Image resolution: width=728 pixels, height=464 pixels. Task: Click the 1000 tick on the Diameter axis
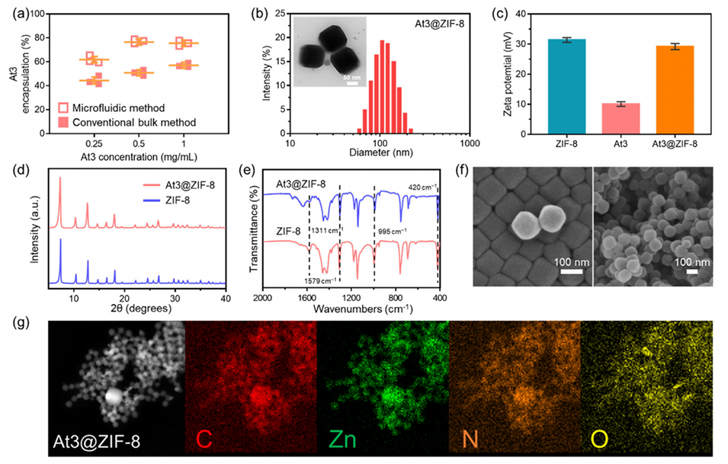(470, 143)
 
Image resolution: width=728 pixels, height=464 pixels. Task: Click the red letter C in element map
(203, 440)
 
